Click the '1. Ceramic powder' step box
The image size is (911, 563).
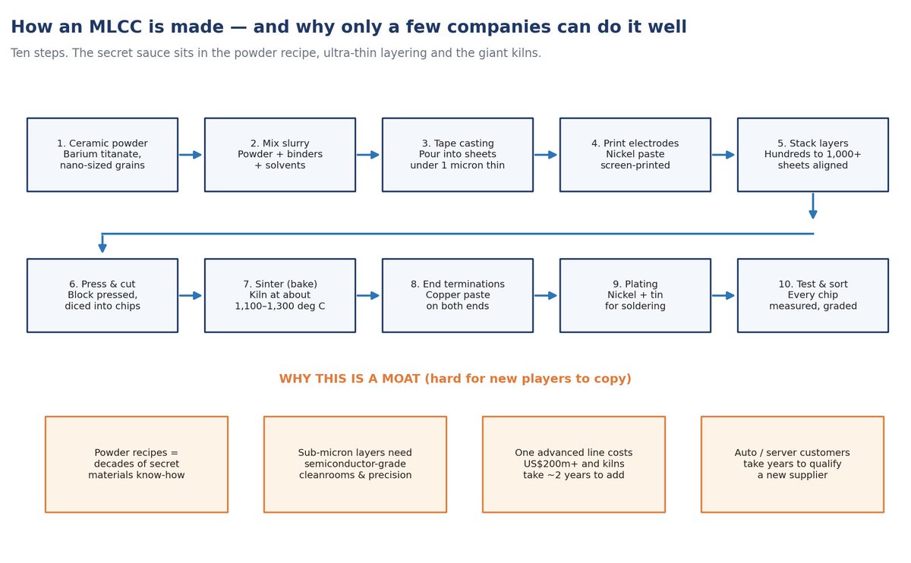click(x=102, y=155)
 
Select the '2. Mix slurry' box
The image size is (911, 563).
click(x=280, y=155)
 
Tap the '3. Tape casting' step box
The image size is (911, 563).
click(x=458, y=155)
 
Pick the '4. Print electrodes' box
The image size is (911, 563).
click(x=635, y=155)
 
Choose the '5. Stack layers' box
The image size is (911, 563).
click(x=813, y=155)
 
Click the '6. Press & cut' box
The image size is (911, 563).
click(x=102, y=295)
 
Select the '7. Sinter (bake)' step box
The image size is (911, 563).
click(x=280, y=295)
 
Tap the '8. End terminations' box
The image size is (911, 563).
click(x=458, y=295)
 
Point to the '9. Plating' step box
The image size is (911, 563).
click(x=635, y=295)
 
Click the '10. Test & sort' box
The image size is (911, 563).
click(x=813, y=295)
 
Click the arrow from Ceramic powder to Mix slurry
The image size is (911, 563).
click(x=191, y=155)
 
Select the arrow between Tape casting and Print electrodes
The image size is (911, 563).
click(x=546, y=155)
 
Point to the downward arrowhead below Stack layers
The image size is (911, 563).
click(x=813, y=214)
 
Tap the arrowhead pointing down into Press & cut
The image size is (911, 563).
click(x=102, y=248)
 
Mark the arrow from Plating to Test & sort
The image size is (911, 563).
click(x=723, y=295)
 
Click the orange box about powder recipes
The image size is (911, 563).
click(x=137, y=464)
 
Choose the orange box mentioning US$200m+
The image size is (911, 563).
click(x=574, y=464)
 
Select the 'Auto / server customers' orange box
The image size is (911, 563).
click(x=793, y=464)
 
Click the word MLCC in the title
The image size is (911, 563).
click(x=115, y=27)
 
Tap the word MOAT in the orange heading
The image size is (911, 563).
click(x=401, y=379)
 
